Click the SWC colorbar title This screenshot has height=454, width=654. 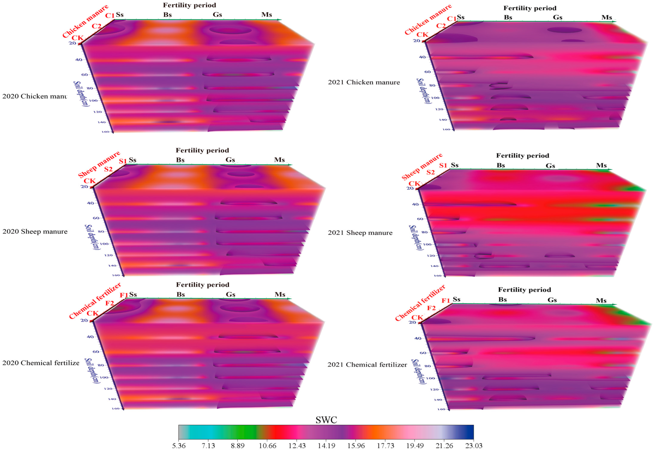click(x=326, y=420)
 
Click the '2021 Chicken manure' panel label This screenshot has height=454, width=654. click(x=364, y=82)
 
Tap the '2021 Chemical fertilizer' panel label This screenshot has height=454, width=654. click(x=367, y=365)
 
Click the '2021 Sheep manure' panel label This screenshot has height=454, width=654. click(x=360, y=233)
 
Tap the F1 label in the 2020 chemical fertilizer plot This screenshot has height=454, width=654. click(x=124, y=295)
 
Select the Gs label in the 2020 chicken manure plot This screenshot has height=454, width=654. click(x=217, y=14)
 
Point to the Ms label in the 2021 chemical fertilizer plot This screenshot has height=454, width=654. click(x=601, y=300)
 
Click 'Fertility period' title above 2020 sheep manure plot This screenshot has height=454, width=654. click(x=202, y=150)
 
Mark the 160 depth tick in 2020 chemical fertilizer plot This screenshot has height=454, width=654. click(x=115, y=408)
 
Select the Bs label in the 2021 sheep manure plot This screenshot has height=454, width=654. click(x=501, y=165)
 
